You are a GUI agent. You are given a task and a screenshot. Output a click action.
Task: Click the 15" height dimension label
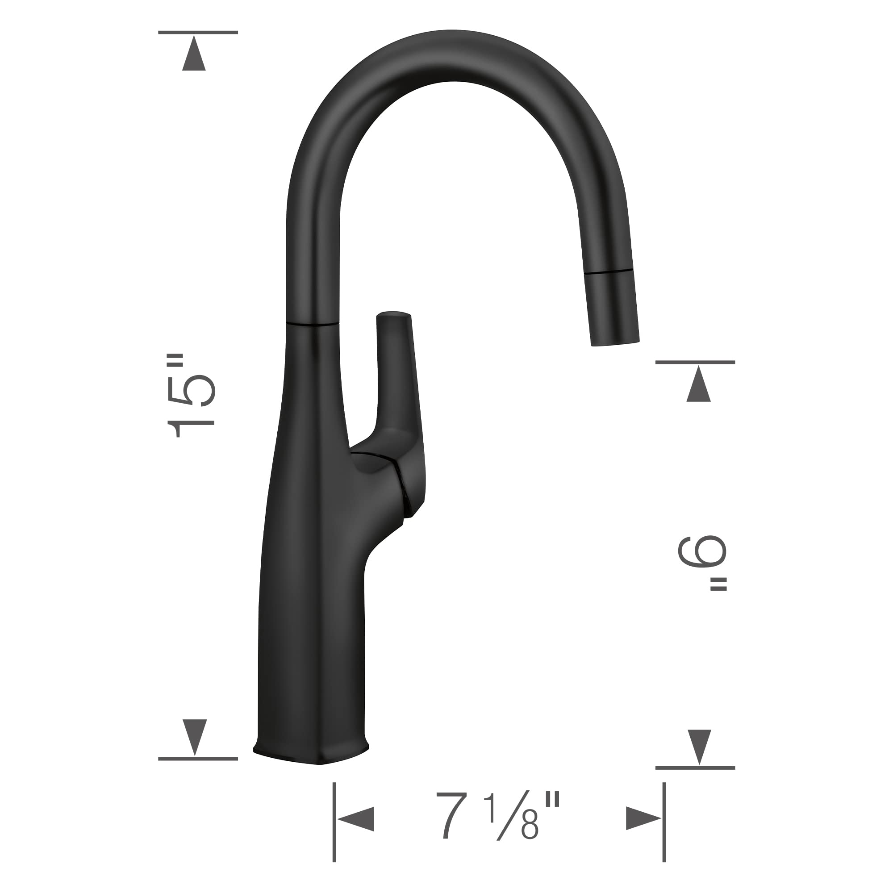click(x=192, y=396)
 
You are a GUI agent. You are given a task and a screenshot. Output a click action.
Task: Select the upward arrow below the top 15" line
click(x=194, y=55)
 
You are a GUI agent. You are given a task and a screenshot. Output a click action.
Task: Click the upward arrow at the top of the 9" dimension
click(x=698, y=384)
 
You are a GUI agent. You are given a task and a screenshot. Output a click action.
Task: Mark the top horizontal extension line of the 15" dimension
click(x=198, y=32)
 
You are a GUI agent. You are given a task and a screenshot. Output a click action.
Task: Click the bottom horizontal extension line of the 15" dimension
click(x=198, y=759)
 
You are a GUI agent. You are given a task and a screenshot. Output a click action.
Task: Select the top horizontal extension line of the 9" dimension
click(x=695, y=363)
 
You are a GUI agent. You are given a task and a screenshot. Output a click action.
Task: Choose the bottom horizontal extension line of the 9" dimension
click(x=695, y=768)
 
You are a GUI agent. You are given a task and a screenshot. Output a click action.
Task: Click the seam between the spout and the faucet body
click(x=313, y=324)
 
